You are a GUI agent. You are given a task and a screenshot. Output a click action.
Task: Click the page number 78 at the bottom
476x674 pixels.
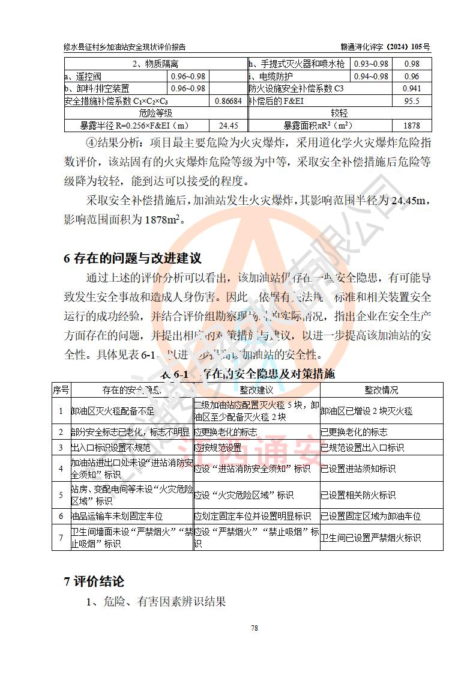point(254,628)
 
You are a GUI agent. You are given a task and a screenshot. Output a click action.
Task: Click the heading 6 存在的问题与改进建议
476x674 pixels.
point(132,258)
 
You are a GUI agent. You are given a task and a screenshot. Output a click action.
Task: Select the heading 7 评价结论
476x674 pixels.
point(94,581)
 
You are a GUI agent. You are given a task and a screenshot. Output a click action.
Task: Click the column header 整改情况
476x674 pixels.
point(381,390)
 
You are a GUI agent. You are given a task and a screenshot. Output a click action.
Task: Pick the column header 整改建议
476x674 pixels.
point(256,390)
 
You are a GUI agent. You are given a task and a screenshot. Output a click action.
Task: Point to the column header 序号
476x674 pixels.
point(61,390)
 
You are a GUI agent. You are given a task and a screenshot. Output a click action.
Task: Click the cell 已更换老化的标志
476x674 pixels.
point(354,432)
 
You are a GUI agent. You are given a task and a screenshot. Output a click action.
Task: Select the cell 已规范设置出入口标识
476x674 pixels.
point(362,448)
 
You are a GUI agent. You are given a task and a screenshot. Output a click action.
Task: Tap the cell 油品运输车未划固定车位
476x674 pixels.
point(117,516)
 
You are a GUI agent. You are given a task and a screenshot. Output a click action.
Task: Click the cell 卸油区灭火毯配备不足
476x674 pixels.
point(113,411)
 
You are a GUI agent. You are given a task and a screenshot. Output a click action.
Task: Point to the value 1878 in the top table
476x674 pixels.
point(412,126)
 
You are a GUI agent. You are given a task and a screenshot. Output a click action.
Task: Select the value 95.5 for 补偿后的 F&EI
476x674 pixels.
point(412,101)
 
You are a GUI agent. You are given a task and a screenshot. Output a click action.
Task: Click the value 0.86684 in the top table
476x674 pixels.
point(229,101)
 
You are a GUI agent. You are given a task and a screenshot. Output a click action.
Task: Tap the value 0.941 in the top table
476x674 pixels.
point(412,88)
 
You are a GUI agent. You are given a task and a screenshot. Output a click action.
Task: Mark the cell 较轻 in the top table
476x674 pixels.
point(340,113)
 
